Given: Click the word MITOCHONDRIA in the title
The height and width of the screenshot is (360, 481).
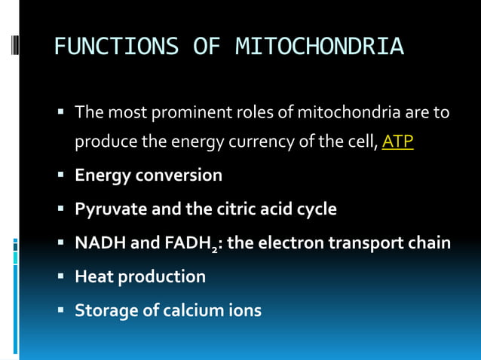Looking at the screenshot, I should pos(320,47).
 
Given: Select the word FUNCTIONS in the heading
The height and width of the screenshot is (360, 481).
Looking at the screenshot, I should pos(116,47).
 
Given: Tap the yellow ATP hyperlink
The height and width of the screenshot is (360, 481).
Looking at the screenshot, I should pos(397,142).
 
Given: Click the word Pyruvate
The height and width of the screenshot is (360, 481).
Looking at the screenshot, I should pos(110,209).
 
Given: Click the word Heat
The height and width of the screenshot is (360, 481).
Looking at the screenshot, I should pos(93,276).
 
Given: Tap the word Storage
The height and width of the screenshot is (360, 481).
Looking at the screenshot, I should pos(106,310).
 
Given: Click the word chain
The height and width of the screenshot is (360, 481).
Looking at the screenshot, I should pos(430,243).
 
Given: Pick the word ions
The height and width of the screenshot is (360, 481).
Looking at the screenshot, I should pos(244,310).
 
